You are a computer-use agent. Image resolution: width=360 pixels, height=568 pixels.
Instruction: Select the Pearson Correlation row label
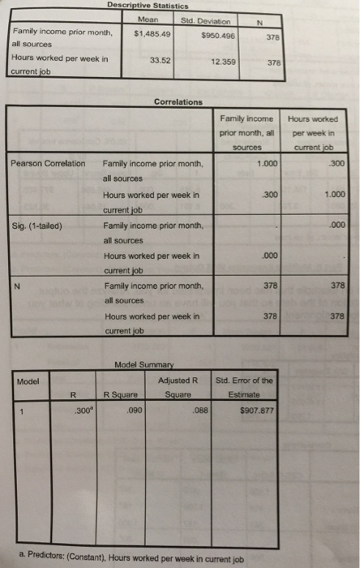pos(48,163)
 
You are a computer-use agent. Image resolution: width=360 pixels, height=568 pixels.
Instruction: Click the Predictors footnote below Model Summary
pos(145,559)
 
